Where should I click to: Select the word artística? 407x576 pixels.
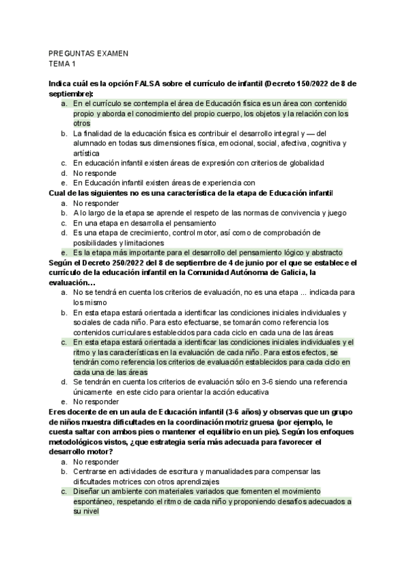85,153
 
